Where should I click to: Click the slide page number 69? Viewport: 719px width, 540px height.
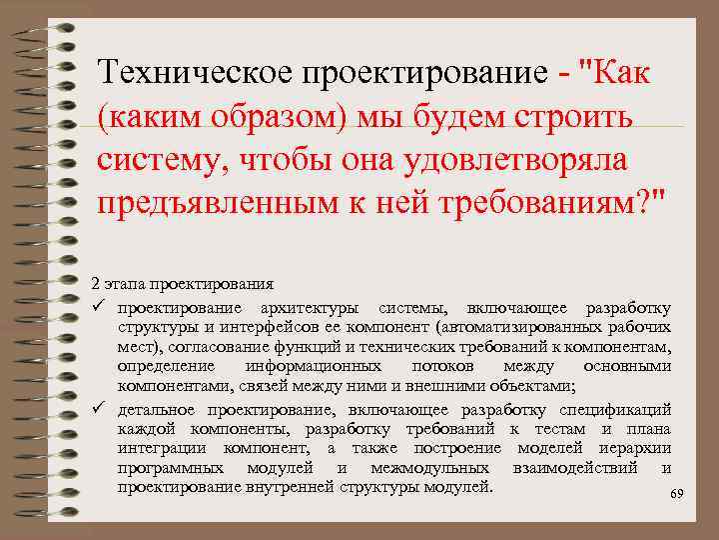676,495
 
